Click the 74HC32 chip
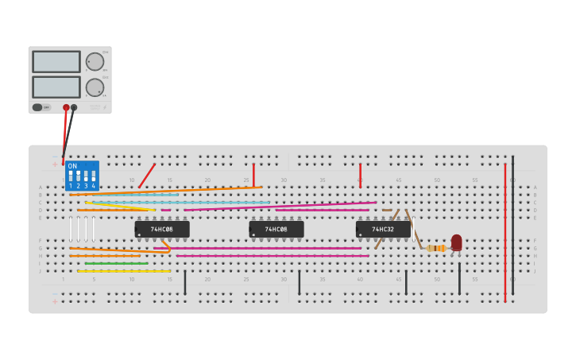click(383, 230)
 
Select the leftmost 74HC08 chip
click(162, 230)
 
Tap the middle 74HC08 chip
click(276, 230)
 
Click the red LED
click(456, 242)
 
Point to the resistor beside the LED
click(435, 249)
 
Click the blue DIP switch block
click(82, 176)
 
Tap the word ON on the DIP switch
click(72, 166)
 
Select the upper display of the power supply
click(56, 62)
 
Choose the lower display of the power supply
click(56, 87)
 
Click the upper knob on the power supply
click(95, 62)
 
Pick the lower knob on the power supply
click(95, 87)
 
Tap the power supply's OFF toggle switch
click(38, 107)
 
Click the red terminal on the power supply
click(66, 107)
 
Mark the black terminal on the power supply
click(74, 107)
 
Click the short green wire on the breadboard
click(116, 263)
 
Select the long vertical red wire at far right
click(504, 230)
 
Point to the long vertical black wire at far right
click(512, 226)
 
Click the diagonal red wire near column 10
click(147, 176)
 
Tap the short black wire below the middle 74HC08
click(300, 282)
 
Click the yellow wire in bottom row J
click(123, 271)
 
